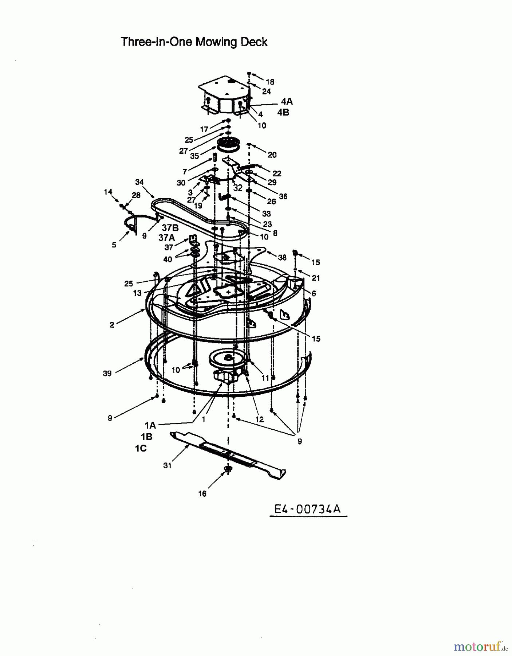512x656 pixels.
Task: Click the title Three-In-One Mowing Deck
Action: pyautogui.click(x=194, y=42)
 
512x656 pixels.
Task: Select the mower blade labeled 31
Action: pyautogui.click(x=228, y=454)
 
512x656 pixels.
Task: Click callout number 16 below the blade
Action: pyautogui.click(x=202, y=493)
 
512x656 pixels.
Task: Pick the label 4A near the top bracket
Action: pyautogui.click(x=287, y=101)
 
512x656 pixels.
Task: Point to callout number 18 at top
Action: pyautogui.click(x=270, y=82)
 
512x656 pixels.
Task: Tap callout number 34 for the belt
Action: pyautogui.click(x=139, y=182)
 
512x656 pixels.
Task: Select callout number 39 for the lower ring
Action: pyautogui.click(x=107, y=374)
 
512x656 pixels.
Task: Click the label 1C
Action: pyautogui.click(x=141, y=448)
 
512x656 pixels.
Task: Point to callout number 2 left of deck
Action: pyautogui.click(x=112, y=325)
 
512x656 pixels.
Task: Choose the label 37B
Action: pyautogui.click(x=170, y=228)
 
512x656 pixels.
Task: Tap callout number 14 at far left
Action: pyautogui.click(x=108, y=192)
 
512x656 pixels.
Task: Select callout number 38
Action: pyautogui.click(x=282, y=257)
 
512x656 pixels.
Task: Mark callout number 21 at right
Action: pyautogui.click(x=316, y=278)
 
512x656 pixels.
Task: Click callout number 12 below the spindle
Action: pyautogui.click(x=259, y=419)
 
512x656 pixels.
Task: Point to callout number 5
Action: pyautogui.click(x=114, y=245)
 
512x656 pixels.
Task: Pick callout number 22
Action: pyautogui.click(x=277, y=173)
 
